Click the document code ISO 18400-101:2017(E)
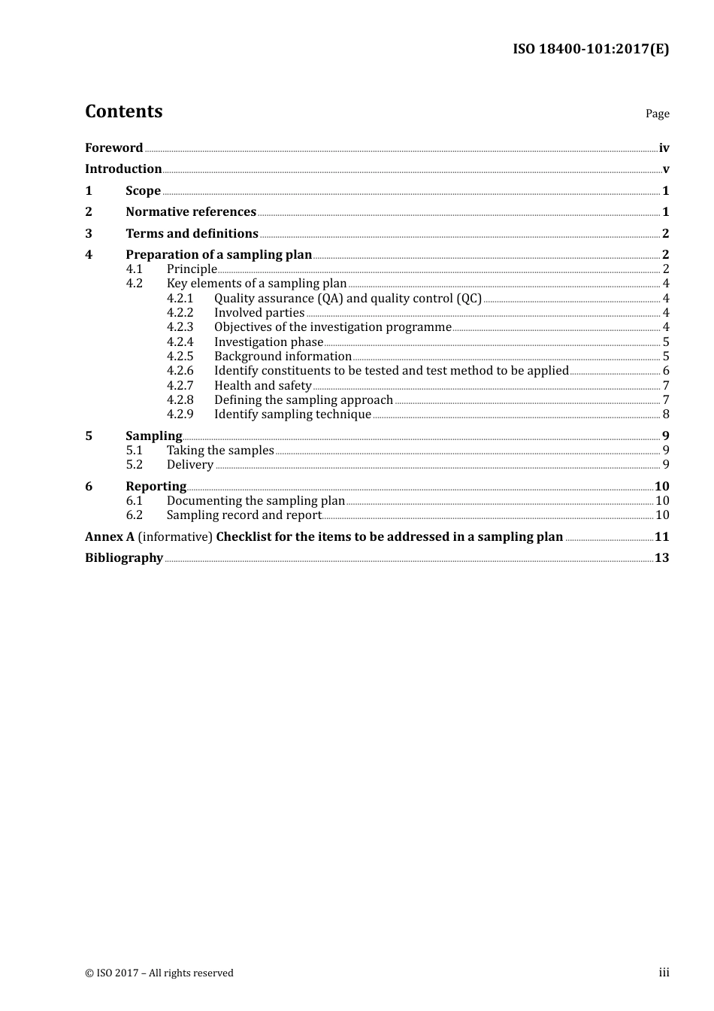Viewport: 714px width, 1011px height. click(x=591, y=50)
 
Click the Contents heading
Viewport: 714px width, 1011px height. click(x=123, y=111)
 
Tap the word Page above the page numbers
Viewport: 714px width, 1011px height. click(x=657, y=114)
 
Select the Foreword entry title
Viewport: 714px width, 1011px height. click(x=113, y=148)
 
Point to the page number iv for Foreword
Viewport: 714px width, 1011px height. click(x=664, y=148)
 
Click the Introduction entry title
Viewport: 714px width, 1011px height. click(x=123, y=169)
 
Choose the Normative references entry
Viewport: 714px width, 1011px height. click(x=191, y=212)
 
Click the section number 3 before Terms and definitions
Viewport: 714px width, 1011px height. click(x=89, y=234)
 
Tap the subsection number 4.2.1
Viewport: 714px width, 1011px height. click(x=180, y=299)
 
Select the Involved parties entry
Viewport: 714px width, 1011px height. click(x=259, y=313)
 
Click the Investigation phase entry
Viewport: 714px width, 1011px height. click(x=268, y=342)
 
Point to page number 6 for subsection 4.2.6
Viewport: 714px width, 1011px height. click(x=666, y=371)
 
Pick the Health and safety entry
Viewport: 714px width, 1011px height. click(x=262, y=386)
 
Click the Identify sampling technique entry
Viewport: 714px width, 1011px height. click(x=292, y=414)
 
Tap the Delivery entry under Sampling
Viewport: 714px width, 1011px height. click(x=190, y=465)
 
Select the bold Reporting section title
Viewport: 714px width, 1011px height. click(x=156, y=487)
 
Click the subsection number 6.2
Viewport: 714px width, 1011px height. click(x=135, y=515)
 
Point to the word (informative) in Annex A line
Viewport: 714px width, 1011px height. click(x=175, y=537)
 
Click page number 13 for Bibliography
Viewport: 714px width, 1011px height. click(x=661, y=558)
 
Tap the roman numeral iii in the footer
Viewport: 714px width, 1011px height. click(x=664, y=973)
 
